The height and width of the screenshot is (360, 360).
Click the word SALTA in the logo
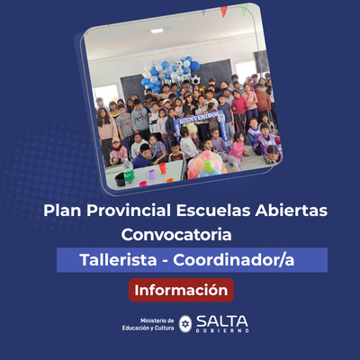(222, 319)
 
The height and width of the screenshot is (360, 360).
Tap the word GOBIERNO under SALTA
(222, 331)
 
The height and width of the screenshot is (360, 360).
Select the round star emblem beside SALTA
(185, 323)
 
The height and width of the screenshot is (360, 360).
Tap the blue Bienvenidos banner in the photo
(200, 118)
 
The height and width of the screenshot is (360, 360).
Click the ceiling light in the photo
(157, 31)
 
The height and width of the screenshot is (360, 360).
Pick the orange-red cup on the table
(163, 168)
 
